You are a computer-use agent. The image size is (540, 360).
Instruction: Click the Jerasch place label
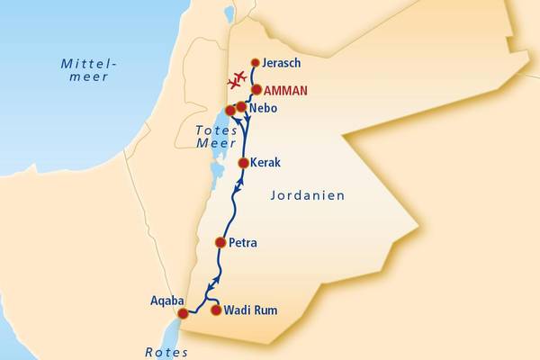[x=282, y=63]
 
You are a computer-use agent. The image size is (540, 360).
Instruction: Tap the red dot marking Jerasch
[x=255, y=63]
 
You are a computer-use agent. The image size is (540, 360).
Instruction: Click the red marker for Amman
[x=256, y=90]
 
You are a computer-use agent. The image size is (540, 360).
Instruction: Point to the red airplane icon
[x=238, y=79]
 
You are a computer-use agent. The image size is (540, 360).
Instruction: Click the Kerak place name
[x=266, y=163]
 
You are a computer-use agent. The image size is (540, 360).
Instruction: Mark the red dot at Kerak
[x=243, y=163]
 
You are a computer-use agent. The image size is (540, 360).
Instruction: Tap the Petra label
[x=244, y=242]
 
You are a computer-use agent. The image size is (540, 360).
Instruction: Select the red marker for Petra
[x=220, y=242]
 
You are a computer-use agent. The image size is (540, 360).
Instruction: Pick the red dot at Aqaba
[x=184, y=313]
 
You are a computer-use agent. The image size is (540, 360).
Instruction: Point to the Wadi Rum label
[x=250, y=310]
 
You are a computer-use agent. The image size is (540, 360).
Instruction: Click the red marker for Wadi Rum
[x=215, y=310]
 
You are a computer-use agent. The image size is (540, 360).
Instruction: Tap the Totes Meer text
[x=215, y=138]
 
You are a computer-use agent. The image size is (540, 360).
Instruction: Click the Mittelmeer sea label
[x=85, y=70]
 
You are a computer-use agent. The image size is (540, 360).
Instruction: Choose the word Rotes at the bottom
[x=166, y=353]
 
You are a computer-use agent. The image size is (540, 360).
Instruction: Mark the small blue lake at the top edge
[x=229, y=13]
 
